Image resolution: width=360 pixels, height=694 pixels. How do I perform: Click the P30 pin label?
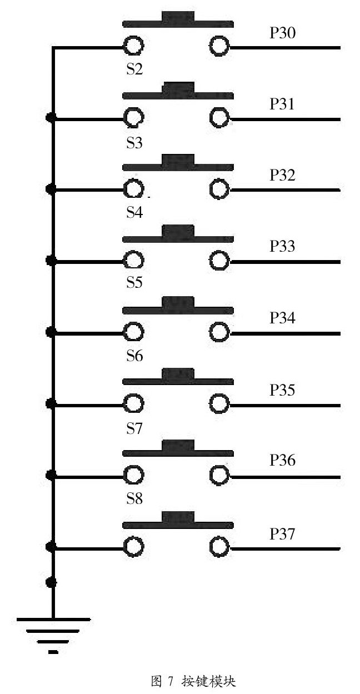282,33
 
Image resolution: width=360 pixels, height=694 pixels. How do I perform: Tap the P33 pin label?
282,247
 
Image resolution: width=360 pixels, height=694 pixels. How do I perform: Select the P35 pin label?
282,390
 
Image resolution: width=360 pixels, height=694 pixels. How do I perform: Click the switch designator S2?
134,70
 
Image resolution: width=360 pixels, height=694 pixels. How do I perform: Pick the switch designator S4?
134,213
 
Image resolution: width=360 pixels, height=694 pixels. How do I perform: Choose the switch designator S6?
134,356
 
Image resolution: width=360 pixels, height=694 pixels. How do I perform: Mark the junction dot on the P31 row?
52,118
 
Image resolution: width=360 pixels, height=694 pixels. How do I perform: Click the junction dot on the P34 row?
52,333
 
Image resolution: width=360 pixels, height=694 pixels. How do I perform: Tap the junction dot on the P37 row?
52,548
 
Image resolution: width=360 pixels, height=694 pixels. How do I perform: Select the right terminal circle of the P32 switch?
219,190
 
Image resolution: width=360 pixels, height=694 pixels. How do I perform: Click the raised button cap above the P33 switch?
178,231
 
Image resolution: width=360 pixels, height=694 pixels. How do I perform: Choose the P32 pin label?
282,176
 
